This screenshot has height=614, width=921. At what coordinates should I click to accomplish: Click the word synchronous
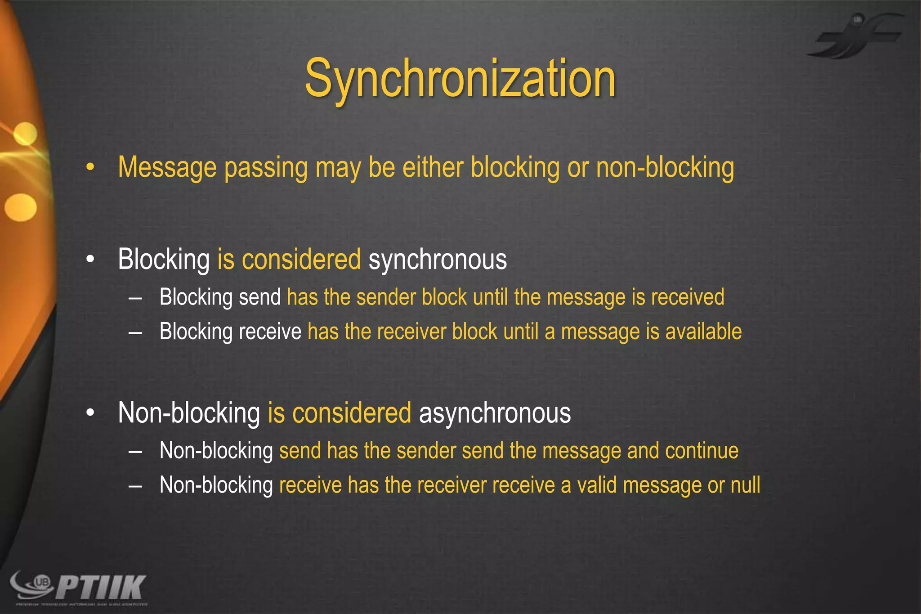pos(438,260)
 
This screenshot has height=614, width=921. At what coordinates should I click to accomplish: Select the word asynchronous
pos(495,413)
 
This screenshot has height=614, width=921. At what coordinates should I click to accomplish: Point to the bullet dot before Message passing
pos(90,168)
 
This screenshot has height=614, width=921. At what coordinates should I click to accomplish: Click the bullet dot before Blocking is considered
pos(90,260)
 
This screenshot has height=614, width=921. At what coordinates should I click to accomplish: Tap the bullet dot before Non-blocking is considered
pos(90,413)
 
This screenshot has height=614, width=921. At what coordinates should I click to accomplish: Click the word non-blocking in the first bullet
pos(665,168)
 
